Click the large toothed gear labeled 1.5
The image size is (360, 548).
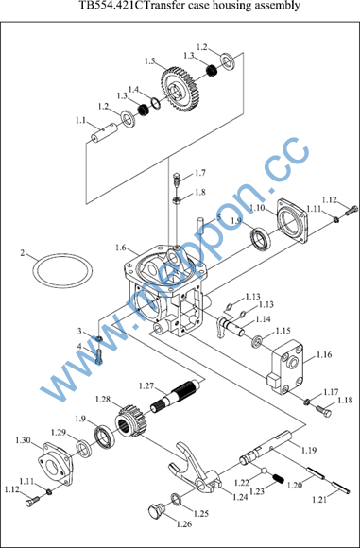(x=178, y=89)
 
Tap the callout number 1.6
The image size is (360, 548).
(x=121, y=248)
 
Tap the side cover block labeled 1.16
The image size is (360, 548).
(x=284, y=369)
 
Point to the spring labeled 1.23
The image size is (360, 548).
(x=279, y=478)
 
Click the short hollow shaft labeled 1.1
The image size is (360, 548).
(x=104, y=132)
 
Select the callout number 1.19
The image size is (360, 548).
(x=309, y=450)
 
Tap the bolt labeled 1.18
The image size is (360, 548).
(x=324, y=410)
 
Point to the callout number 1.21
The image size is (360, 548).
(x=319, y=500)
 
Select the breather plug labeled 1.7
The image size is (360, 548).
(x=177, y=180)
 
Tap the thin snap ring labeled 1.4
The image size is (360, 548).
(x=156, y=104)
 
